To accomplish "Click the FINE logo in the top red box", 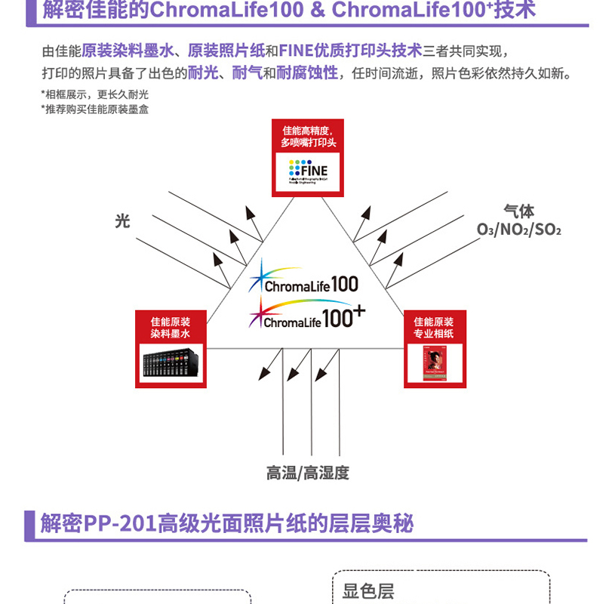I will [307, 169].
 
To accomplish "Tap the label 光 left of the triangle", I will [122, 220].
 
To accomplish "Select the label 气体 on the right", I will [519, 211].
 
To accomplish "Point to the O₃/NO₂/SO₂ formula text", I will [519, 229].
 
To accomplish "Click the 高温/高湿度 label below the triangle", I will [307, 473].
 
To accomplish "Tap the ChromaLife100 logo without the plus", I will [303, 279].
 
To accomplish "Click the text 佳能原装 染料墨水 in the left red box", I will [171, 327].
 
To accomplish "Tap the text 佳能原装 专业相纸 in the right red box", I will [435, 327].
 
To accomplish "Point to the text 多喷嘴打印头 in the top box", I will [308, 142].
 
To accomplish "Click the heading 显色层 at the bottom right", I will [368, 591].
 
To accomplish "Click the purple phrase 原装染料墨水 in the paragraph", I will [126, 51].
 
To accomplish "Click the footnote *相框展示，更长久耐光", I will [95, 94].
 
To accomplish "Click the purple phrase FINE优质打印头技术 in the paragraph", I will [351, 51].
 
